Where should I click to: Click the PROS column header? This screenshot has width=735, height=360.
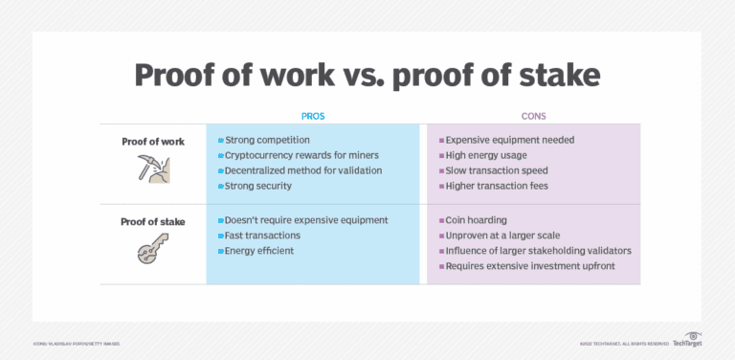(313, 115)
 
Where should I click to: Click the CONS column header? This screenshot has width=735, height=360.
(533, 115)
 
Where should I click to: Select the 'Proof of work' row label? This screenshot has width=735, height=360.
(152, 141)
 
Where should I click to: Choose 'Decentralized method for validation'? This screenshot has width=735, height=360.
(302, 170)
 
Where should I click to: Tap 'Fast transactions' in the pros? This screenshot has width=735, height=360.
(263, 236)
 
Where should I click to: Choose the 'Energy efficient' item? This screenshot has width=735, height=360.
(259, 251)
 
